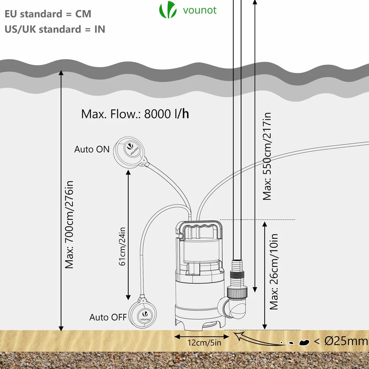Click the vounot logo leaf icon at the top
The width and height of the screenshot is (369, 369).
(x=168, y=10)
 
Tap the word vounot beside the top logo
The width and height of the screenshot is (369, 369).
(x=200, y=10)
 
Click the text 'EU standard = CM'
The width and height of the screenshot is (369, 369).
(x=48, y=14)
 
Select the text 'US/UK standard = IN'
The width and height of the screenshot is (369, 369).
(x=55, y=29)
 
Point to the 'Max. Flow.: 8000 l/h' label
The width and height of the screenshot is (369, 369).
(x=135, y=114)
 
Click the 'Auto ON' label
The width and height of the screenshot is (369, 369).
(x=92, y=149)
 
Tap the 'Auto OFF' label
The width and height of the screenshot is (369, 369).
(x=108, y=317)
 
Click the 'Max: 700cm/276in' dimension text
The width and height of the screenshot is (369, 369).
(x=69, y=225)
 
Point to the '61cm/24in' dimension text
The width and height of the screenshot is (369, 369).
(x=122, y=246)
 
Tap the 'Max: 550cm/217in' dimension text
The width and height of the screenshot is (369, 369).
(x=267, y=156)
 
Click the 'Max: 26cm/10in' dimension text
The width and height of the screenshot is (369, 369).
(x=274, y=272)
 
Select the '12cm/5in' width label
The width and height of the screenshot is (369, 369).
(x=204, y=343)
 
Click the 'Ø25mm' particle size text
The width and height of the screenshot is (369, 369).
(x=346, y=341)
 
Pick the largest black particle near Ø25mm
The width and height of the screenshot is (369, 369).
(x=304, y=343)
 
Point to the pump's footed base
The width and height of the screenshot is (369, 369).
(x=200, y=318)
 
